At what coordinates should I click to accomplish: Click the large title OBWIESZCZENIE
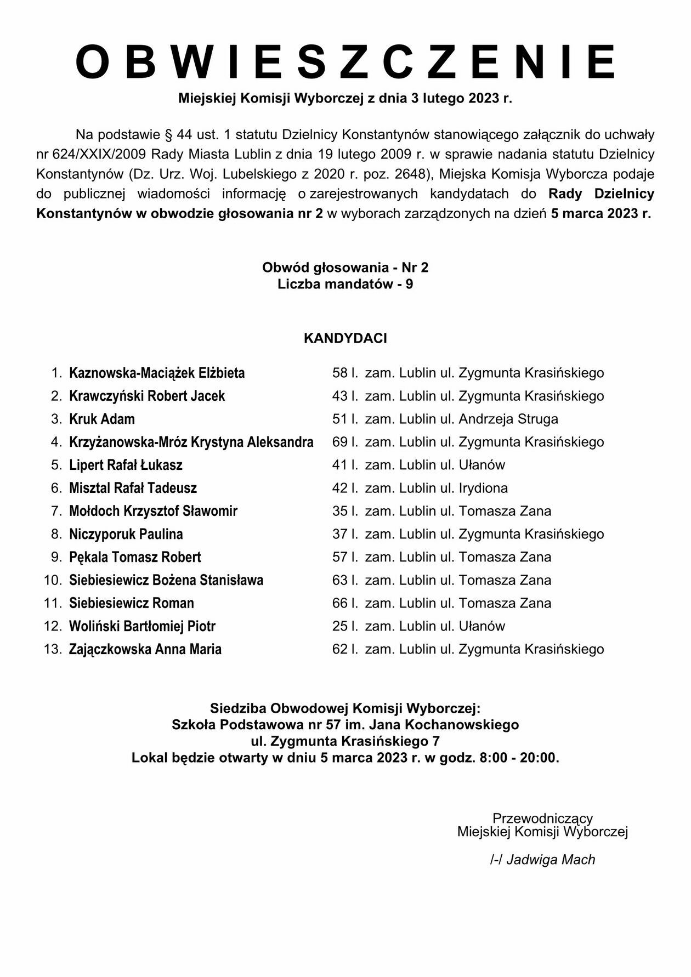point(346,62)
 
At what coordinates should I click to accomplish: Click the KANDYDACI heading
point(346,338)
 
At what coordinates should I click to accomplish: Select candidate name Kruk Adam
point(102,419)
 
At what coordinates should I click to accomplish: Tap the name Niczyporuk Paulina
point(126,535)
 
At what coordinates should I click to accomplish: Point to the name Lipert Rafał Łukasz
point(126,465)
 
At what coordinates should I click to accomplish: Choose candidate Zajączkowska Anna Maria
point(145,650)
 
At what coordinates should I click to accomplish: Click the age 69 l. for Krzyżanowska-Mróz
point(345,442)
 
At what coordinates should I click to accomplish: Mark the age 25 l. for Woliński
point(345,627)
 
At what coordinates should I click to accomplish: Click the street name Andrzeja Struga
point(508,419)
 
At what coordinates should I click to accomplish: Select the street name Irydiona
point(483,488)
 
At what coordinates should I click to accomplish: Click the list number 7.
point(56,512)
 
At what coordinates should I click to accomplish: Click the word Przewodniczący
point(542,819)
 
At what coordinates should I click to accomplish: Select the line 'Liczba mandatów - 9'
point(346,285)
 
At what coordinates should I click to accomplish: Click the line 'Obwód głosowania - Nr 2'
point(346,268)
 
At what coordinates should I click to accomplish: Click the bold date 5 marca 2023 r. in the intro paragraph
point(601,214)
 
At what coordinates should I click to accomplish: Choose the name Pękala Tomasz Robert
point(135,558)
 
